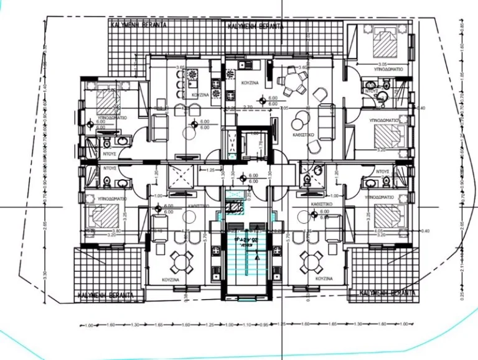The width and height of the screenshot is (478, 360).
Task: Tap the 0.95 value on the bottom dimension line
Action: point(263,325)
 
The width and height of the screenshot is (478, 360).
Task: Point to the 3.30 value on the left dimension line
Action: point(45,273)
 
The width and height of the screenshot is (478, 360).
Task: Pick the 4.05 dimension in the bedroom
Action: point(378,231)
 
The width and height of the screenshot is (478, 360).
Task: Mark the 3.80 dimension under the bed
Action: point(100,231)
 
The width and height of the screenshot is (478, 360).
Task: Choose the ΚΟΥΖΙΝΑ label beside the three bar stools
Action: point(200,95)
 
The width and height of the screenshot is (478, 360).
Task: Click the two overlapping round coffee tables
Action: point(302,116)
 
